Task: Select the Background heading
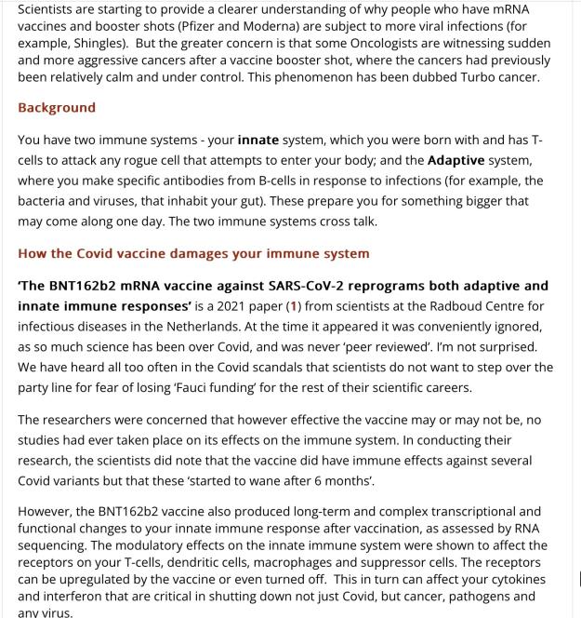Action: pyautogui.click(x=57, y=107)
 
